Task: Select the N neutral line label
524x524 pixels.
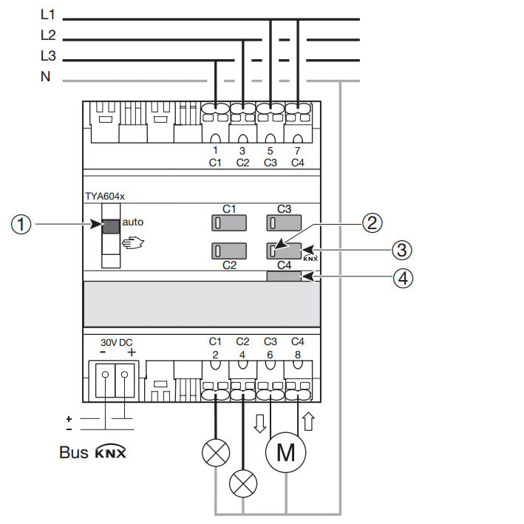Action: point(46,76)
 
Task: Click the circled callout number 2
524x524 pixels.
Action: point(372,222)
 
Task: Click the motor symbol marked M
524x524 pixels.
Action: point(285,452)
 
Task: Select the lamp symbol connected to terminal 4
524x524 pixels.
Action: point(242,484)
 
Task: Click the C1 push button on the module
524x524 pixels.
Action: point(228,223)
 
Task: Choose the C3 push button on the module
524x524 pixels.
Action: point(284,223)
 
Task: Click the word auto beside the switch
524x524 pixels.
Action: point(133,221)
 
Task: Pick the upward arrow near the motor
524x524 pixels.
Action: point(307,422)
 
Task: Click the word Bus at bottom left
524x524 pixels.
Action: point(74,452)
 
